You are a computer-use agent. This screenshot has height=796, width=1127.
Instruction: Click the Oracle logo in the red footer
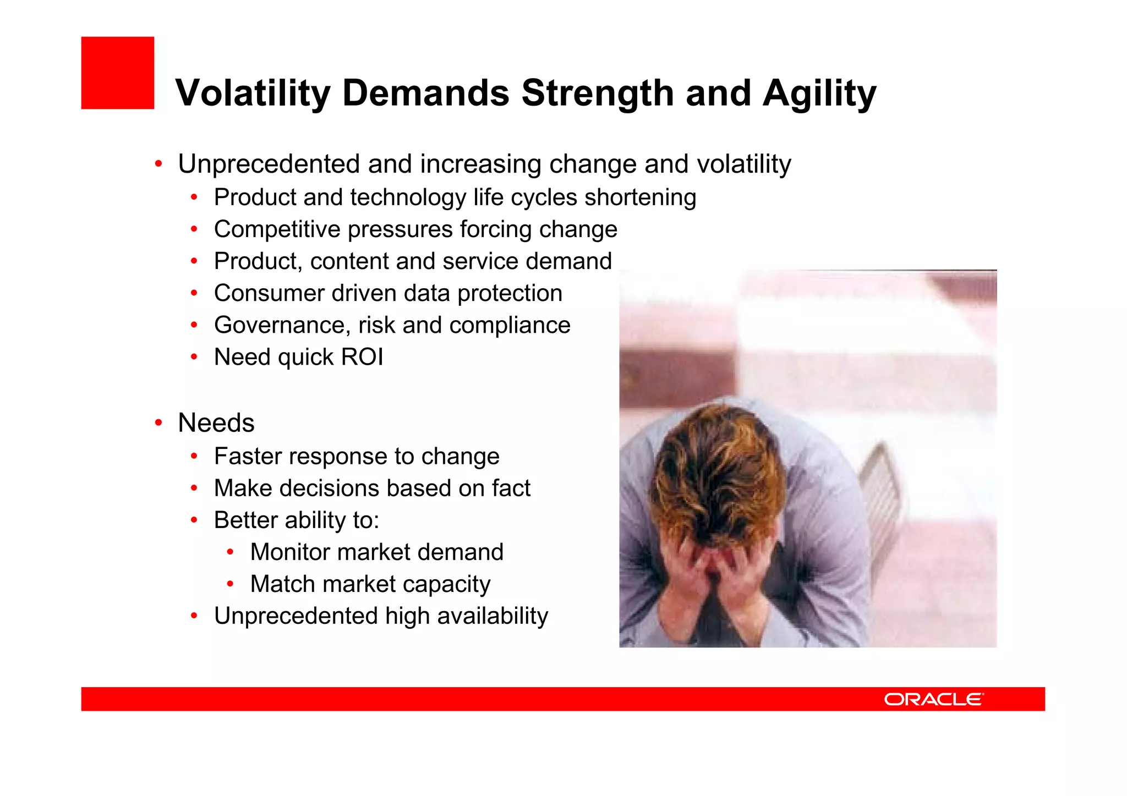(x=933, y=699)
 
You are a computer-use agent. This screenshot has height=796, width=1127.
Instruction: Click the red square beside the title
(x=117, y=73)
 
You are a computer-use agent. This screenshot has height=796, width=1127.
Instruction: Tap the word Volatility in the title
(x=253, y=92)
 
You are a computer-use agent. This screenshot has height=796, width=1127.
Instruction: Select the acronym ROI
(x=362, y=357)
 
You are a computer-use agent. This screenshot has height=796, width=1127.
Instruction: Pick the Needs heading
(x=216, y=423)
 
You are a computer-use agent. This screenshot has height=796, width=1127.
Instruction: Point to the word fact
(x=511, y=488)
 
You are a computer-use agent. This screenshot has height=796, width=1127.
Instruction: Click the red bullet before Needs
(x=158, y=423)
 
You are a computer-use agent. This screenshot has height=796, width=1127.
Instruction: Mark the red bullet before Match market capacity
(x=231, y=584)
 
